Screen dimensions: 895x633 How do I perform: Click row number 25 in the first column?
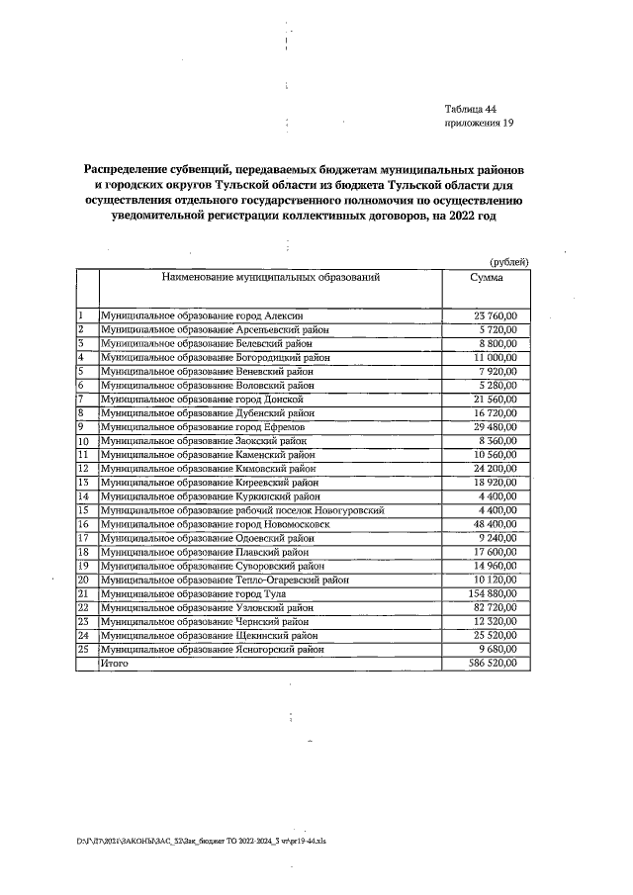[84, 649]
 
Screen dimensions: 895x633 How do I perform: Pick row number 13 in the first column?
[84, 482]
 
